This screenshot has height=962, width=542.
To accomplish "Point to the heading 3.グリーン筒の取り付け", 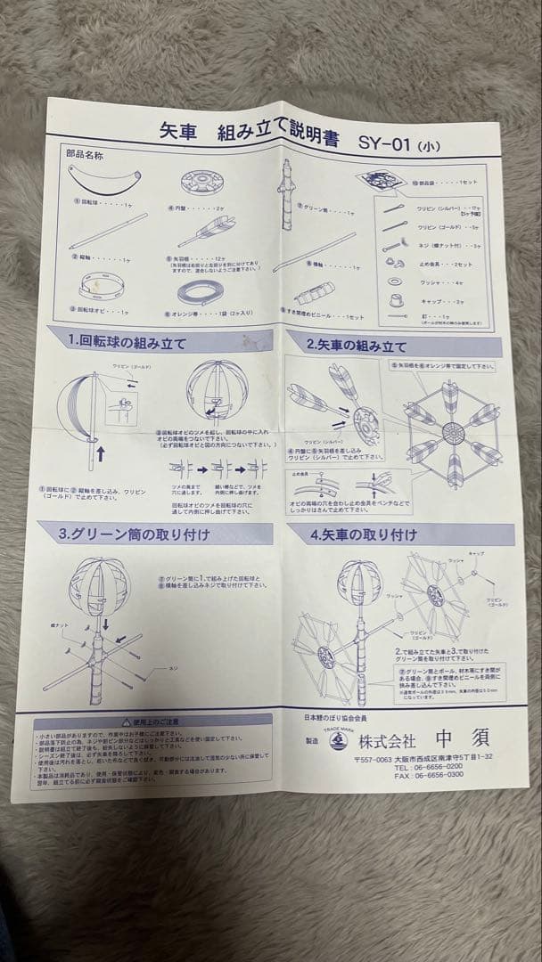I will pyautogui.click(x=134, y=534).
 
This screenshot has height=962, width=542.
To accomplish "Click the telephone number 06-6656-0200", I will pyautogui.click(x=430, y=765).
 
